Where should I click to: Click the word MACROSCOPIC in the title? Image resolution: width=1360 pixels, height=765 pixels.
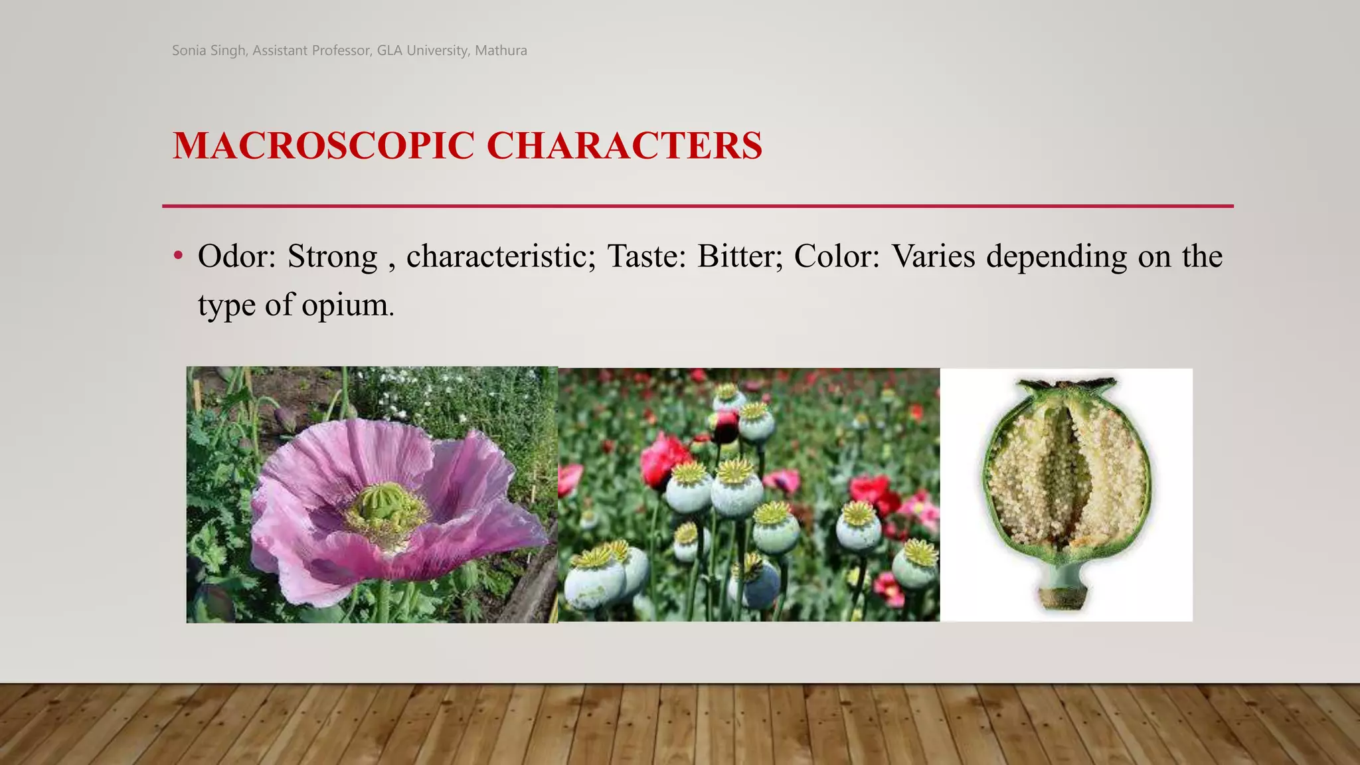[x=323, y=145]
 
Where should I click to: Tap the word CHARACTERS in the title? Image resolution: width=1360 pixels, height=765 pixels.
[x=624, y=145]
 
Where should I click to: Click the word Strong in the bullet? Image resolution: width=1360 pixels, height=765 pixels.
[x=332, y=256]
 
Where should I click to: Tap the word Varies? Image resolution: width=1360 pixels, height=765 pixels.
[x=933, y=256]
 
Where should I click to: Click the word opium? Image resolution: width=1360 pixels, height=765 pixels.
[x=347, y=306]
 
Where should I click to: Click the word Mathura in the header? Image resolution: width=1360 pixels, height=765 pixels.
[x=501, y=50]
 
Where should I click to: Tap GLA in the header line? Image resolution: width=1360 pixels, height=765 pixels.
[x=390, y=50]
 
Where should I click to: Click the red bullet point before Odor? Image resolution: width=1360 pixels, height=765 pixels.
[x=177, y=256]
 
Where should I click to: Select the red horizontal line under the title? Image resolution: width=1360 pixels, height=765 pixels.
[x=697, y=206]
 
